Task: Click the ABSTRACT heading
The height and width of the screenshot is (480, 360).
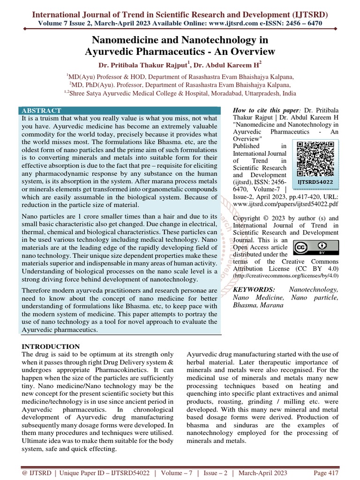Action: coord(41,111)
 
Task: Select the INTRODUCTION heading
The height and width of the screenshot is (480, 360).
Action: coord(51,346)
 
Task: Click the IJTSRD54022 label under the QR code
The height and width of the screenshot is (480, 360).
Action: coord(315,181)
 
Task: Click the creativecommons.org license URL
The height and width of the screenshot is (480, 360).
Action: coord(285,277)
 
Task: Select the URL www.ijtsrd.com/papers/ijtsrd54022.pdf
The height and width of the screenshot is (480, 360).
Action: coord(285,205)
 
